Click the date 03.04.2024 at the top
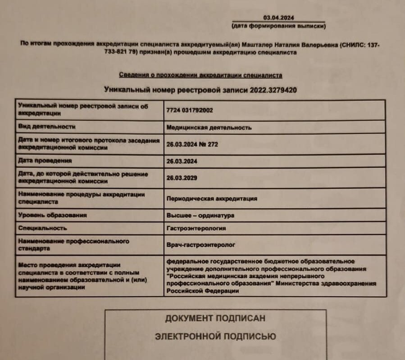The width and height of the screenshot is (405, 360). click(x=278, y=18)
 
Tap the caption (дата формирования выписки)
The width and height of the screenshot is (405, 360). click(x=278, y=26)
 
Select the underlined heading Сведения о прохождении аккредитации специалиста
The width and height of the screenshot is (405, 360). click(x=200, y=75)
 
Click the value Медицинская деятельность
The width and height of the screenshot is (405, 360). click(x=209, y=127)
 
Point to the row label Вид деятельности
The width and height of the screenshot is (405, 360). click(x=47, y=127)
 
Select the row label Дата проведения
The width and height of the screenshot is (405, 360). click(x=45, y=161)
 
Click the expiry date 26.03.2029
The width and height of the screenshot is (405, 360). click(x=182, y=178)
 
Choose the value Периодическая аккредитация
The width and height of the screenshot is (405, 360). click(x=212, y=198)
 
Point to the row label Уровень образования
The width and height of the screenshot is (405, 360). click(x=52, y=215)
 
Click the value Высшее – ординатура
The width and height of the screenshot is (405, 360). click(x=200, y=216)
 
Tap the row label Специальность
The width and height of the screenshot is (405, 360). click(x=43, y=228)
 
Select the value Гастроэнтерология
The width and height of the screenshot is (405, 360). click(x=196, y=228)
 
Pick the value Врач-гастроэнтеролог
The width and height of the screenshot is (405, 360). click(x=201, y=245)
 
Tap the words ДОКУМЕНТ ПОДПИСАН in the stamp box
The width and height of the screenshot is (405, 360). click(x=215, y=318)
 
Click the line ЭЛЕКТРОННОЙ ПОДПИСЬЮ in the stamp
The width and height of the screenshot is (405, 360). click(x=215, y=336)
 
